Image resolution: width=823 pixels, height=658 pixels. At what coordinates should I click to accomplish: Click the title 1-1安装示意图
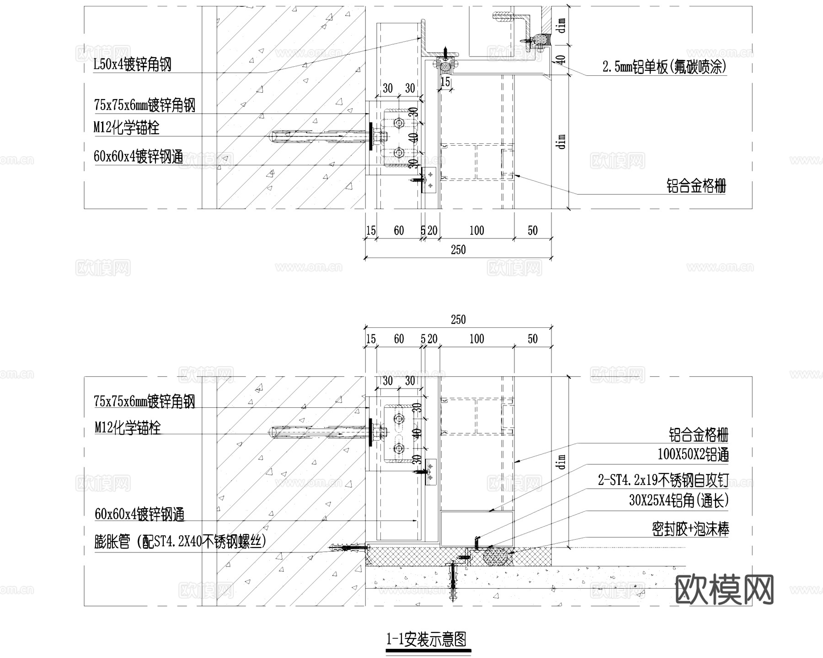pos(428,639)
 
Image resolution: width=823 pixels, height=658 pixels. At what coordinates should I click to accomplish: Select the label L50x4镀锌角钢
pos(132,64)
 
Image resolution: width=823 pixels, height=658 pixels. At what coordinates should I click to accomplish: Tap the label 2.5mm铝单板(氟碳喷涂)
pos(664,68)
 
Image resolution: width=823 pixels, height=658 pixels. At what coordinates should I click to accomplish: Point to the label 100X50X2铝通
pos(693,455)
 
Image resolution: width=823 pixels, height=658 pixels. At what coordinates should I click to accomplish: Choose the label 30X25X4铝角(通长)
pos(679,501)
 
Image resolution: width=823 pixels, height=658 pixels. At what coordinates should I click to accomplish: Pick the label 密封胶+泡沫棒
pos(690,529)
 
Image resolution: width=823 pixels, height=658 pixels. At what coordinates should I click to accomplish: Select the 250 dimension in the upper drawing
pos(458,250)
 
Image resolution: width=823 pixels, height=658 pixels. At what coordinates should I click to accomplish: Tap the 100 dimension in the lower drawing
pos(476,339)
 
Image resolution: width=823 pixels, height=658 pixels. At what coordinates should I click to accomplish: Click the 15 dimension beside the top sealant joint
pos(445,82)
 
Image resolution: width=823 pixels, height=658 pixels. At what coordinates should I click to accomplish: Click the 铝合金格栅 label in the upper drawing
pos(696,186)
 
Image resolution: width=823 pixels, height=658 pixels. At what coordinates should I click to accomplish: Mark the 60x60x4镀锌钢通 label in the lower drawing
pos(139,514)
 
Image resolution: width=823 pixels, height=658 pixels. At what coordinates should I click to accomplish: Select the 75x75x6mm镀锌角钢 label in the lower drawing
pos(144,401)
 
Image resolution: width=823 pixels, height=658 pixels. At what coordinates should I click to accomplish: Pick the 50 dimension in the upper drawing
pos(533,231)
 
